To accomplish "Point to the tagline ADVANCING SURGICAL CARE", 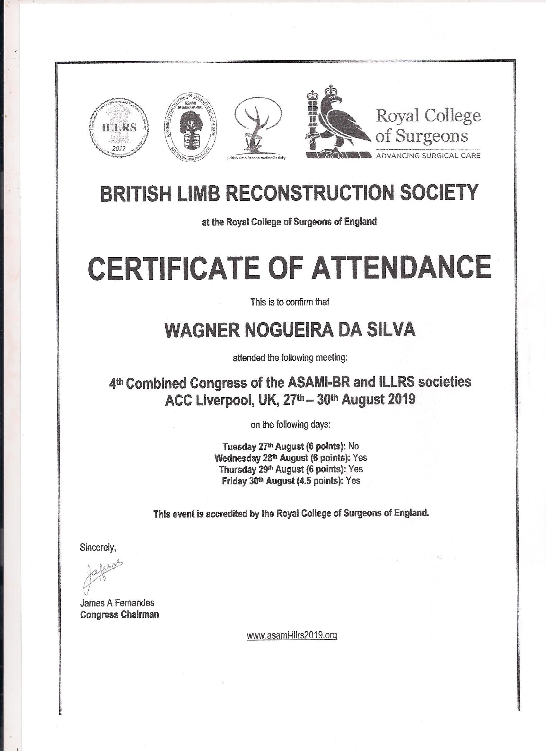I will (428, 155).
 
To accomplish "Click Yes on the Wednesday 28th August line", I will (360, 458).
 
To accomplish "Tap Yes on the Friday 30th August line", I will (353, 481).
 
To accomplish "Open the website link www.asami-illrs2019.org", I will (292, 635).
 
